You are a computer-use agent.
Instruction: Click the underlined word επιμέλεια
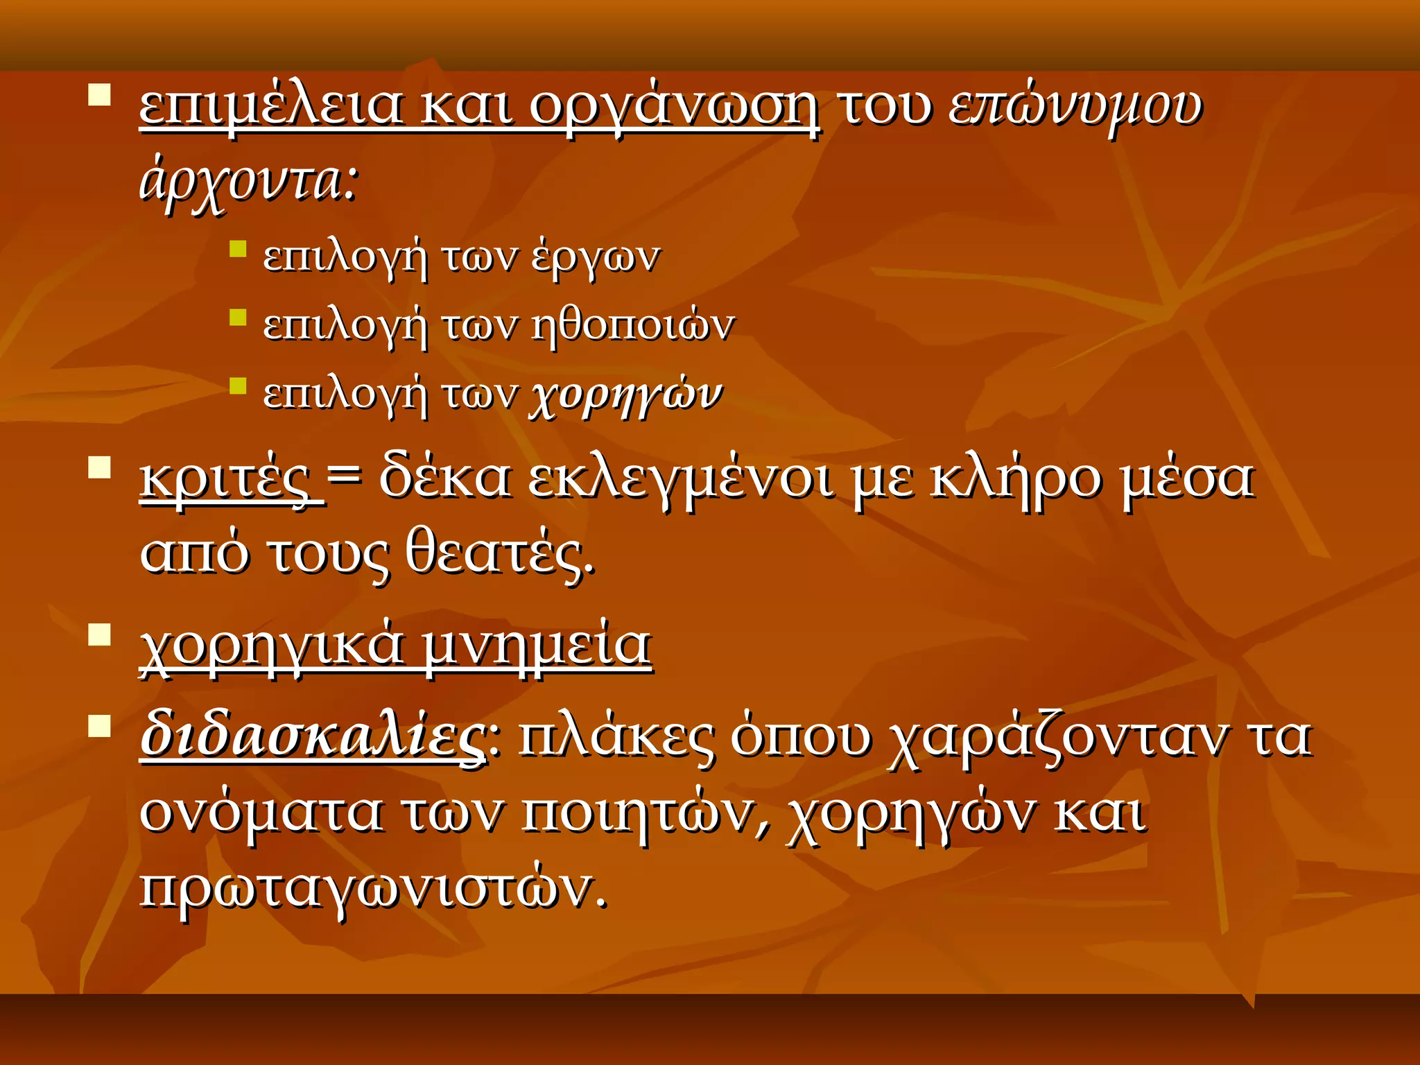click(x=270, y=107)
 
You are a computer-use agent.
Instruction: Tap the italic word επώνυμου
click(x=1075, y=109)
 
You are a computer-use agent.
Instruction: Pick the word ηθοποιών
click(x=632, y=325)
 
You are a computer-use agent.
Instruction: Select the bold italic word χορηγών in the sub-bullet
click(x=626, y=395)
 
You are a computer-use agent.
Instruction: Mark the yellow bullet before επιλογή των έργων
click(x=238, y=249)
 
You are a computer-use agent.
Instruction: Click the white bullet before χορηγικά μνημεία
click(x=100, y=634)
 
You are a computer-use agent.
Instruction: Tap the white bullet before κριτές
click(x=100, y=467)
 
